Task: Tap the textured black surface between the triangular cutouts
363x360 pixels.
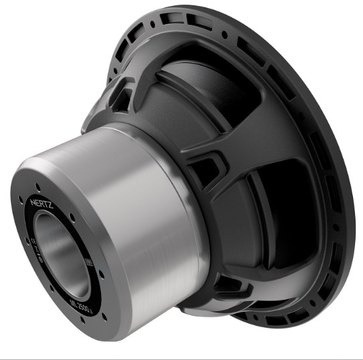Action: tap(167, 121)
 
